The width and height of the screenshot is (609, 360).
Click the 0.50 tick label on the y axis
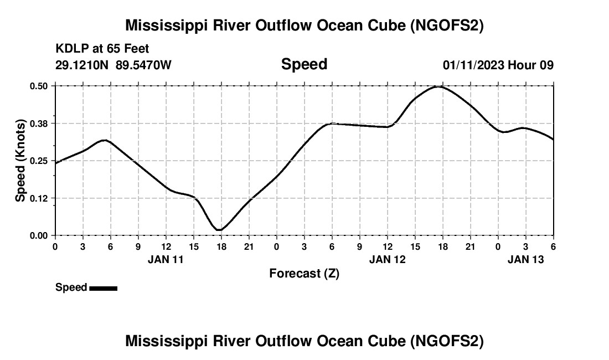[39, 86]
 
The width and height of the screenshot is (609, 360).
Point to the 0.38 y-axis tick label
[39, 124]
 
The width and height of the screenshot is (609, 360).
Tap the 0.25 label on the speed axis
[39, 161]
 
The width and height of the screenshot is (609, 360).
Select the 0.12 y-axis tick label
[39, 198]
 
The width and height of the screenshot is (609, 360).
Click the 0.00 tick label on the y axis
[39, 235]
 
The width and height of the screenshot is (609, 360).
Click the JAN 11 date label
[166, 259]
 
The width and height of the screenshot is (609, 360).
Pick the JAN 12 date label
[387, 259]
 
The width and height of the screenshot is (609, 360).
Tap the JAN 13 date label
[525, 259]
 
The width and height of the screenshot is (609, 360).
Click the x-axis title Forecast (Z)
[304, 273]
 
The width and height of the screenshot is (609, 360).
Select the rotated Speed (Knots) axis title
[20, 161]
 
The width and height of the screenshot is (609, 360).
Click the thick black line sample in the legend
[103, 288]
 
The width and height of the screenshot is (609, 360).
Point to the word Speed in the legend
[71, 287]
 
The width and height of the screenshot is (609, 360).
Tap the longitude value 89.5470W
[143, 65]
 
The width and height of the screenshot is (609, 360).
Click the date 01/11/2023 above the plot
[473, 65]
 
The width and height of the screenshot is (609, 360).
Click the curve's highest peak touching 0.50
[438, 86]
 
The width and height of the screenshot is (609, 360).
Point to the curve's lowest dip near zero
[219, 229]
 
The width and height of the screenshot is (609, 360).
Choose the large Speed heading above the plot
[304, 64]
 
